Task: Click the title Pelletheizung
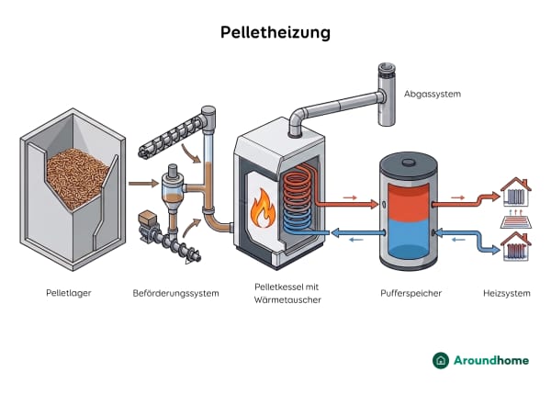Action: click(x=275, y=32)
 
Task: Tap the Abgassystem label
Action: click(x=432, y=94)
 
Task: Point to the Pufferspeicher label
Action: click(x=410, y=294)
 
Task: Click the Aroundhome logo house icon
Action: click(x=442, y=360)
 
